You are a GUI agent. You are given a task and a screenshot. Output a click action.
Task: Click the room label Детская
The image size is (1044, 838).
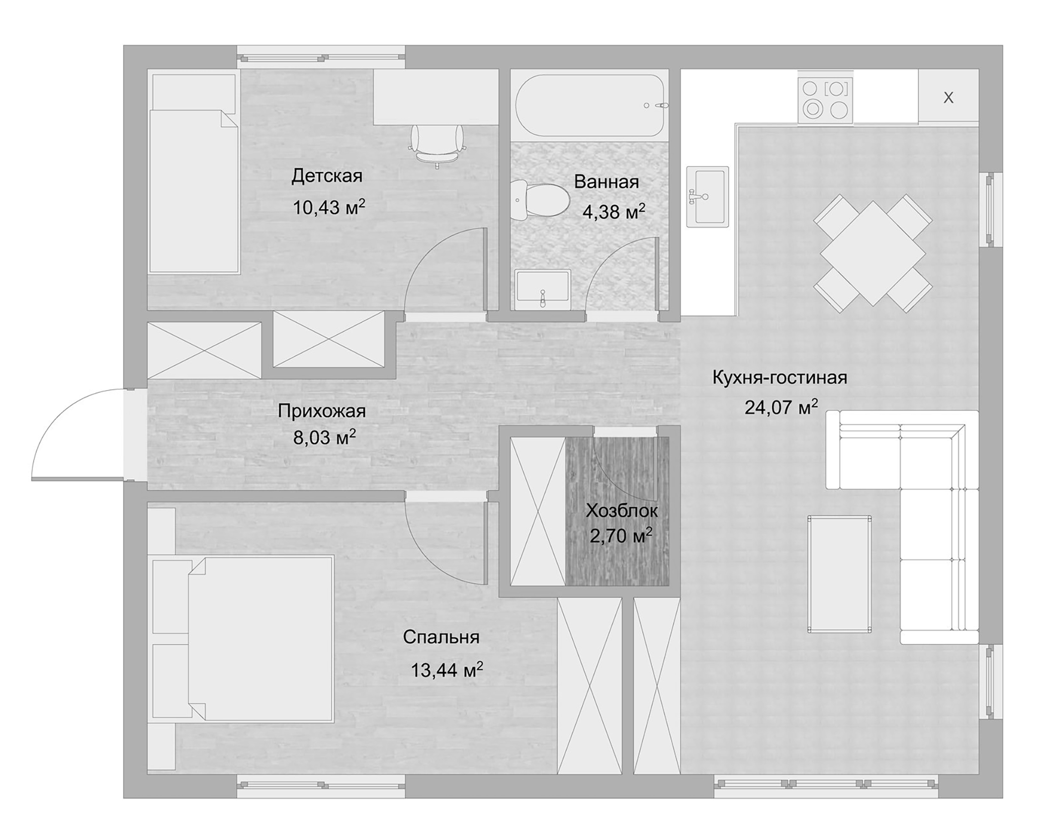click(x=327, y=176)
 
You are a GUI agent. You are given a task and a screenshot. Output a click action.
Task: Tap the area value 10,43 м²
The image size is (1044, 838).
click(x=329, y=207)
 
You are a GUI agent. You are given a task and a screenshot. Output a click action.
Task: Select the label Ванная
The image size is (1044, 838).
click(x=606, y=182)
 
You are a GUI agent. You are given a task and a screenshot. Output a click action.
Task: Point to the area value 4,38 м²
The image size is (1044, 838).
click(x=613, y=212)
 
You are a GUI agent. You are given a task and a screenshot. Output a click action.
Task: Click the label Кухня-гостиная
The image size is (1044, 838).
click(x=780, y=378)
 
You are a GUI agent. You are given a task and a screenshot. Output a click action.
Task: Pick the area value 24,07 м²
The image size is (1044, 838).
click(x=781, y=408)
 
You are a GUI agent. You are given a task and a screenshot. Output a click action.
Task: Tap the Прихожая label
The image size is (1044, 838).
click(x=322, y=411)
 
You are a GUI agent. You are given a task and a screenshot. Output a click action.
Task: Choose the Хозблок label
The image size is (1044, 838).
click(x=621, y=510)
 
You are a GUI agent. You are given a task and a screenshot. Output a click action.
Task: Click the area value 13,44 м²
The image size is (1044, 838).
click(x=446, y=670)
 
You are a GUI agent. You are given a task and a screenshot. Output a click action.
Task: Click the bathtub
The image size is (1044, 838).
click(x=590, y=105)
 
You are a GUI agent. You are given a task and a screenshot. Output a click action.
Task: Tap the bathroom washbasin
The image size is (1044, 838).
click(x=542, y=287)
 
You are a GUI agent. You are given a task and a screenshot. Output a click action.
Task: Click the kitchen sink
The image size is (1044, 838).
click(x=707, y=197)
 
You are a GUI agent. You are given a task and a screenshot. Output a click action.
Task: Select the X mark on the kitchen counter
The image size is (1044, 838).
click(x=948, y=98)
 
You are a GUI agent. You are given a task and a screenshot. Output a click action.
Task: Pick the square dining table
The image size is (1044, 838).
click(x=872, y=253)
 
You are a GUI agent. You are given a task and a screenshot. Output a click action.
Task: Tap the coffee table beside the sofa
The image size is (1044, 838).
click(x=839, y=574)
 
